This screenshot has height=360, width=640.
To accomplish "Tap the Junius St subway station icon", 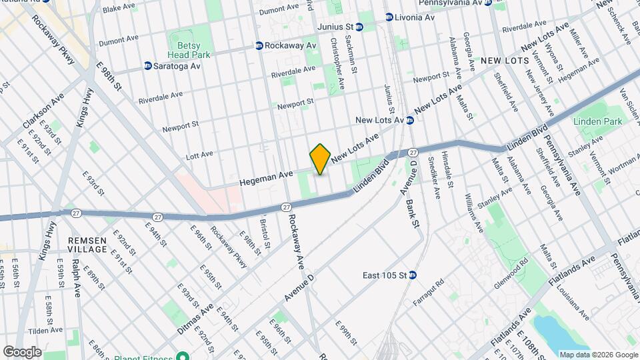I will pos(359,27).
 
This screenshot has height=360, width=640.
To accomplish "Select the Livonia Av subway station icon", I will pos(389,17).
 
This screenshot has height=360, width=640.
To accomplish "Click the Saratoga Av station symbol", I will pos(148,66).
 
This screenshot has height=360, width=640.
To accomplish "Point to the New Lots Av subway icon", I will pos(411,120).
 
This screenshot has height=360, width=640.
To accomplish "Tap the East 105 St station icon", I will pos(413,275).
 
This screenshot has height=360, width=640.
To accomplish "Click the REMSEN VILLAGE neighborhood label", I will pos(87,244).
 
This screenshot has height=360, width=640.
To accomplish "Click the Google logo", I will pos(22,352).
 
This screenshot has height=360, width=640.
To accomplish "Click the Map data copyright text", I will pos(597,355).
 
